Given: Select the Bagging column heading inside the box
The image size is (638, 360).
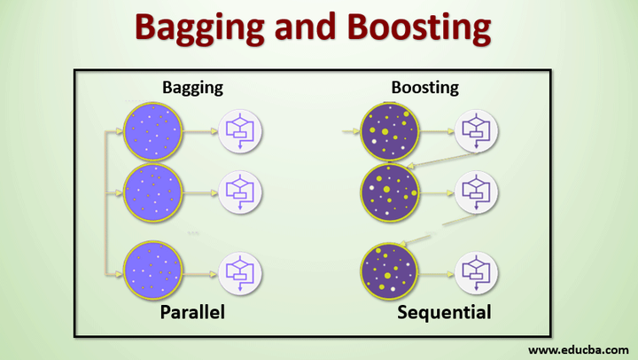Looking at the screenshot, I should point(192,87).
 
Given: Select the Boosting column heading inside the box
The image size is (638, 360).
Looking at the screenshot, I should point(425,87).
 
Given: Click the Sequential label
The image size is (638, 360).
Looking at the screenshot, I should point(444,313).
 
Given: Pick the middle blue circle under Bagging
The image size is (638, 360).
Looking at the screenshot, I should point(153,190).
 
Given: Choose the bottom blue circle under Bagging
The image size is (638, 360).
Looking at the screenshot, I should point(153,270).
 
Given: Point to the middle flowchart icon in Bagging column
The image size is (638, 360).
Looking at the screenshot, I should point(240,190).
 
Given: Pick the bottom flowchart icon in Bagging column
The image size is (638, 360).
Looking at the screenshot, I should point(240,271).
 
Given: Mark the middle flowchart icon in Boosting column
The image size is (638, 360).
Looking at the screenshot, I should point(476,190).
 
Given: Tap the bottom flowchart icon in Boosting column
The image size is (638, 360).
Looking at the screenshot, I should point(476,271).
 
